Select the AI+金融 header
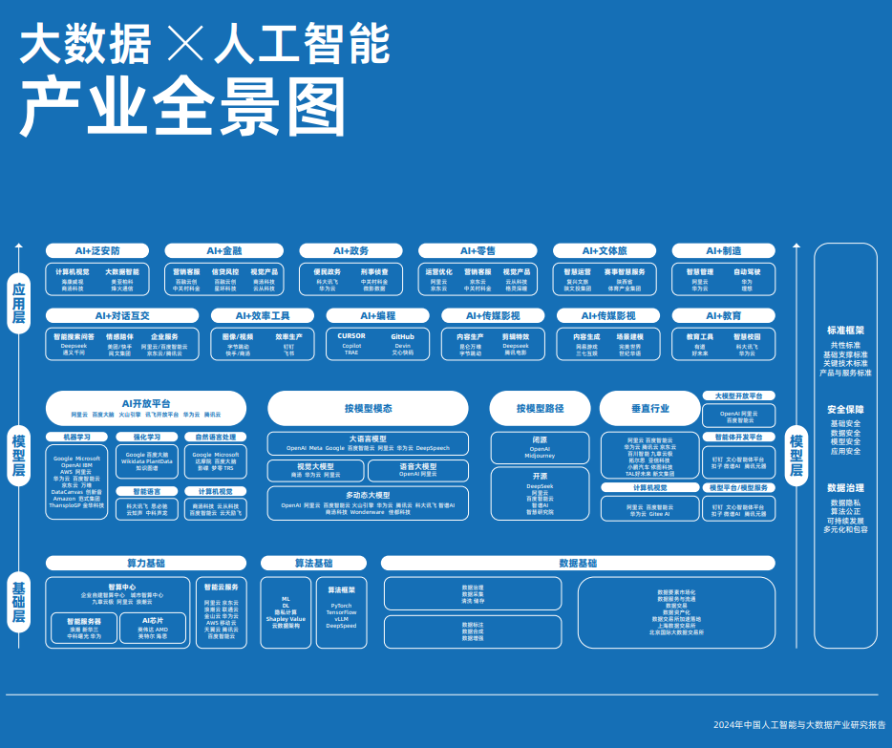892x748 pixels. tap(224, 250)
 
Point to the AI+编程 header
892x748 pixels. tap(377, 315)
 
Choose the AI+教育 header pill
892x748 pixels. tap(723, 315)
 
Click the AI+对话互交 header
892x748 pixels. tap(122, 315)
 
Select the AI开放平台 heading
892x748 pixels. tap(146, 403)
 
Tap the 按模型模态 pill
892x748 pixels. tap(368, 408)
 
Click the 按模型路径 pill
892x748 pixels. tap(541, 408)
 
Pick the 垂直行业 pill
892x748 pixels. tap(649, 408)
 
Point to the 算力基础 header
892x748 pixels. tap(146, 563)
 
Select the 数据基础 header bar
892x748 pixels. tap(578, 563)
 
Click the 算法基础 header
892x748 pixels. tap(313, 563)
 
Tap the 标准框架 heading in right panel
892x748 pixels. tap(845, 331)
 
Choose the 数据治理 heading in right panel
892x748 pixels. tap(845, 488)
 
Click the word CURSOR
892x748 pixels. tap(351, 336)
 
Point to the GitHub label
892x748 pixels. tap(402, 336)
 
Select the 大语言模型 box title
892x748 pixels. tap(368, 438)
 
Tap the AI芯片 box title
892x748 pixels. tap(152, 620)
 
